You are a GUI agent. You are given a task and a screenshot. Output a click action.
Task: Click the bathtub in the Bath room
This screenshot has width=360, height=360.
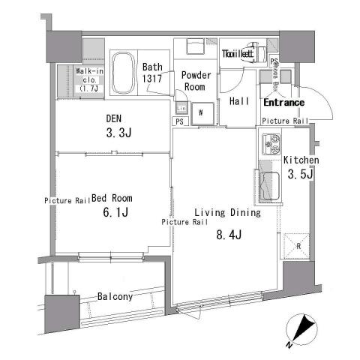(123, 73)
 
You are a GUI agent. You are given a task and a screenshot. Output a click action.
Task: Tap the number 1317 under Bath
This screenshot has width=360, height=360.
(152, 79)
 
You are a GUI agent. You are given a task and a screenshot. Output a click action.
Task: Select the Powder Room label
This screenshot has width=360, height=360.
(194, 80)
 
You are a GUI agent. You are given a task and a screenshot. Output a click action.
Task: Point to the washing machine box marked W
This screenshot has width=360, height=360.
(201, 114)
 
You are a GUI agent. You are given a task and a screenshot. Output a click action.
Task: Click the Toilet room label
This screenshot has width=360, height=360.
(238, 54)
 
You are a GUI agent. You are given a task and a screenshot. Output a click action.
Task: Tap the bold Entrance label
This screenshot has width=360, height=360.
(283, 103)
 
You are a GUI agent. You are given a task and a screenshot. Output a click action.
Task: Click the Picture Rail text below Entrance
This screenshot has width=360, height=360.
(285, 120)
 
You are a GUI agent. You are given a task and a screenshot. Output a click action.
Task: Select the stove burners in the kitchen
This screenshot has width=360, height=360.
(269, 142)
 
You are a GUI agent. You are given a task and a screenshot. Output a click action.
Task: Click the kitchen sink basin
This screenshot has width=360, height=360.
(269, 183)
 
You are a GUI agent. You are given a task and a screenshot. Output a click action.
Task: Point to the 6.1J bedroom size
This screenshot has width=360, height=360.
(115, 214)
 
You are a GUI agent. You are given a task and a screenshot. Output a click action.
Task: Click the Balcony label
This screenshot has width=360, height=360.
(115, 296)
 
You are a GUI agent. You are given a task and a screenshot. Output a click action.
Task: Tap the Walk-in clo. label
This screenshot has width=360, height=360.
(89, 78)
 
